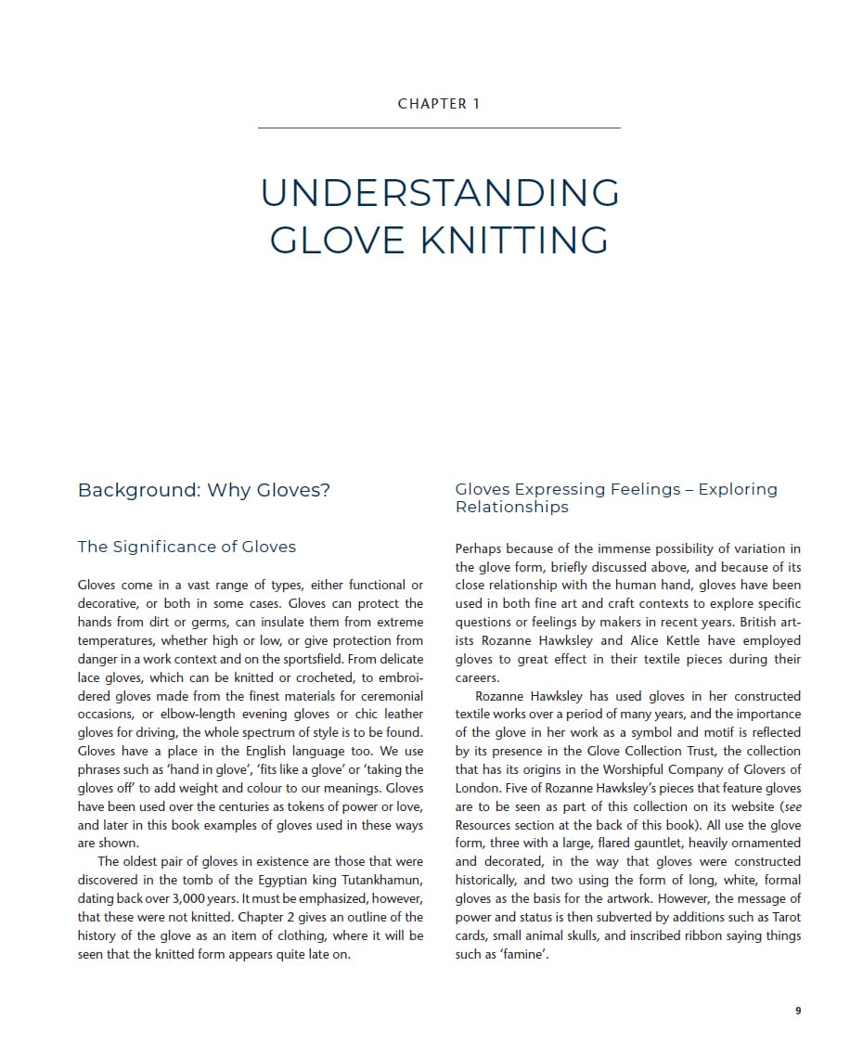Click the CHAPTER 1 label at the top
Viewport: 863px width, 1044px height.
tap(439, 104)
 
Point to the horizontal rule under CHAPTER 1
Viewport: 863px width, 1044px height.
tap(439, 128)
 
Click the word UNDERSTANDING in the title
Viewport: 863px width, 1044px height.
tap(440, 193)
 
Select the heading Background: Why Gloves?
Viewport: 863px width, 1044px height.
tap(204, 490)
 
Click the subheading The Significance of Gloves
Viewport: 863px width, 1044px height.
tap(187, 547)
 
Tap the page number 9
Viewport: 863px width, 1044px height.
tap(798, 1011)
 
